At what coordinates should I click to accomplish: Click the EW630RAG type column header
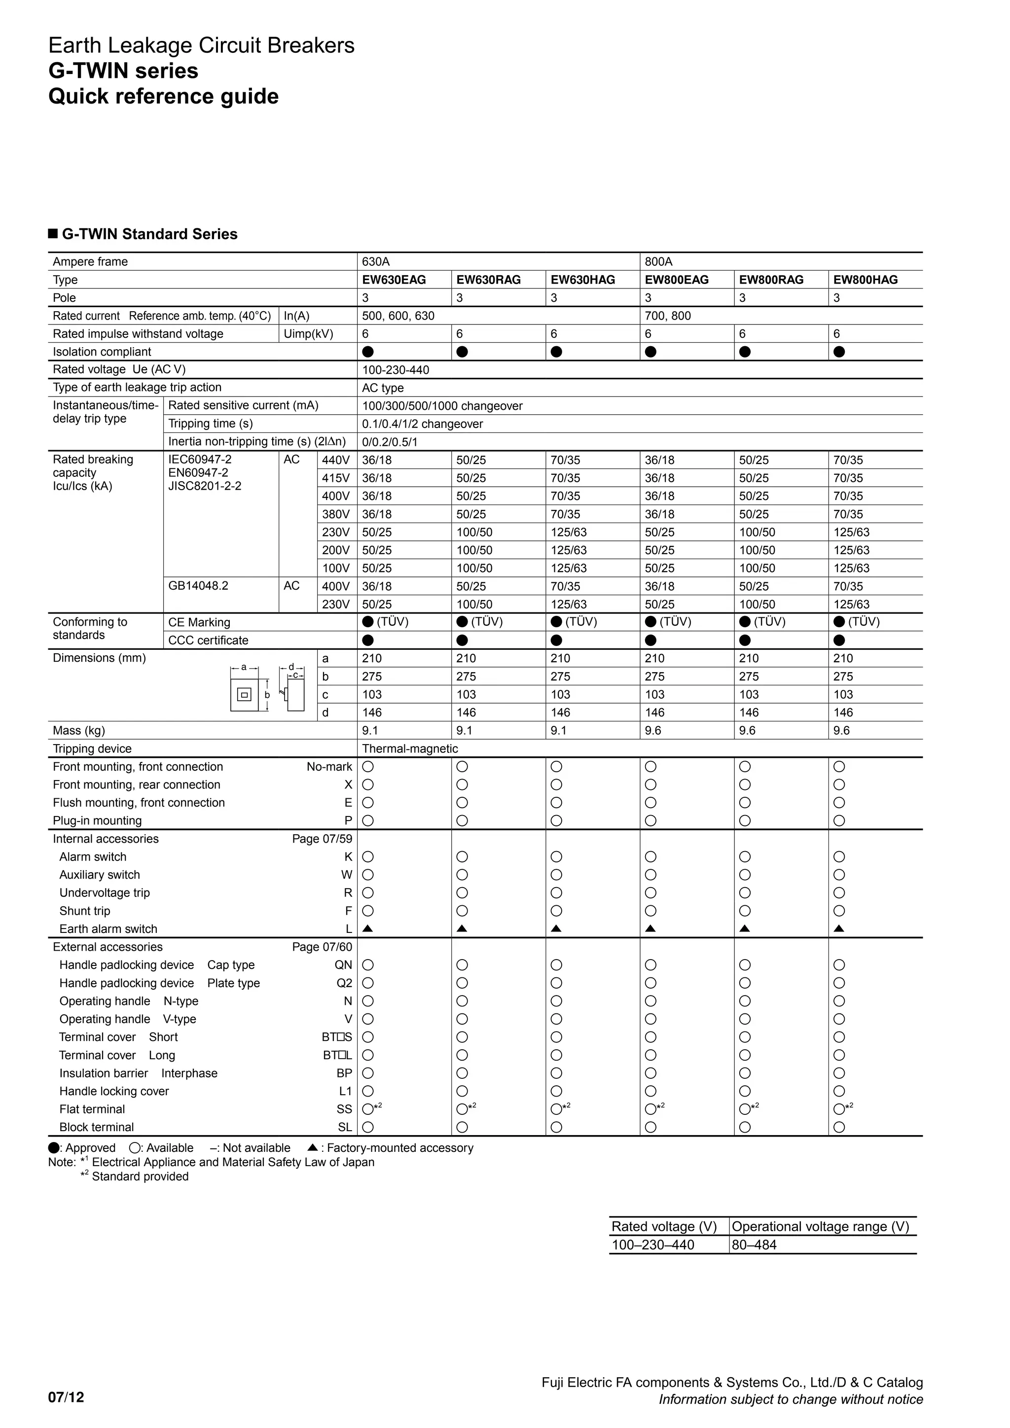coord(488,280)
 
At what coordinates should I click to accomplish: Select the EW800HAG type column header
coord(865,280)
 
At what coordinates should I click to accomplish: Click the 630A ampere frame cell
coord(376,262)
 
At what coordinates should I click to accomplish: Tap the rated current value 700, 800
coord(667,316)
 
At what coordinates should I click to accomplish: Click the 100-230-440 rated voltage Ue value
coord(396,370)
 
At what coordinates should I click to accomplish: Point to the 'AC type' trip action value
coord(383,388)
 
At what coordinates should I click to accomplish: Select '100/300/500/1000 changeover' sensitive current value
coord(442,406)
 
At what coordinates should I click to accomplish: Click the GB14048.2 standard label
coord(198,586)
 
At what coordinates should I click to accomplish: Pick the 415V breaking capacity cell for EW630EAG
coord(377,478)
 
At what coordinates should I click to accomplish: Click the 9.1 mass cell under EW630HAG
coord(558,731)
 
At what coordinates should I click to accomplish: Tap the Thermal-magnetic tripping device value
coord(410,749)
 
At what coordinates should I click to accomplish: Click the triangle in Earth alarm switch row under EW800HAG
coord(838,929)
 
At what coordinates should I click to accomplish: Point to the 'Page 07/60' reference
coord(322,947)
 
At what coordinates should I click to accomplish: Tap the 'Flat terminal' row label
coord(92,1109)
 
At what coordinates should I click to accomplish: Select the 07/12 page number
coord(66,1397)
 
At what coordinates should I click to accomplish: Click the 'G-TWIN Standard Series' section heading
coord(149,235)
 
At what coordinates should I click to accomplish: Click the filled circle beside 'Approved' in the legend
coord(54,1148)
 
